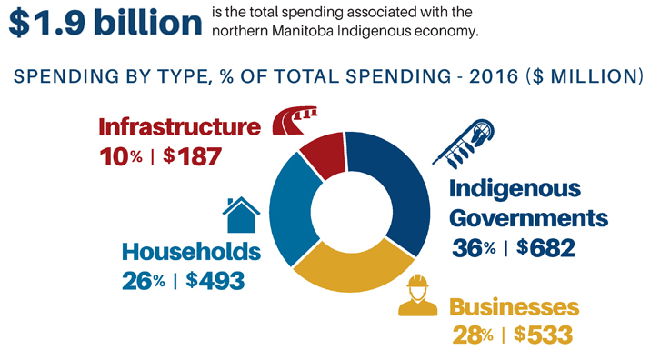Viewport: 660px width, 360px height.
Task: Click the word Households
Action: click(x=191, y=251)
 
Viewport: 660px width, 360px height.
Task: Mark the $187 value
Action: click(x=193, y=155)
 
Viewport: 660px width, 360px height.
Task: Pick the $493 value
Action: click(x=215, y=280)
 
